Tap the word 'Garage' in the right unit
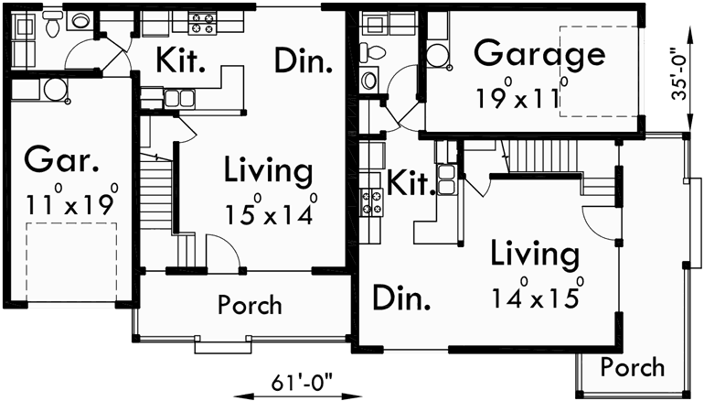pyautogui.click(x=539, y=54)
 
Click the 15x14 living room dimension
pyautogui.click(x=271, y=213)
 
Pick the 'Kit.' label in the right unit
pyautogui.click(x=409, y=185)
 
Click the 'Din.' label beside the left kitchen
pyautogui.click(x=302, y=61)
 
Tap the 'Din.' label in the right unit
pyautogui.click(x=402, y=299)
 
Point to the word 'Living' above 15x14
pyautogui.click(x=269, y=171)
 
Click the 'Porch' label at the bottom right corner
pyautogui.click(x=633, y=367)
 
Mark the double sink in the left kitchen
pyautogui.click(x=179, y=98)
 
